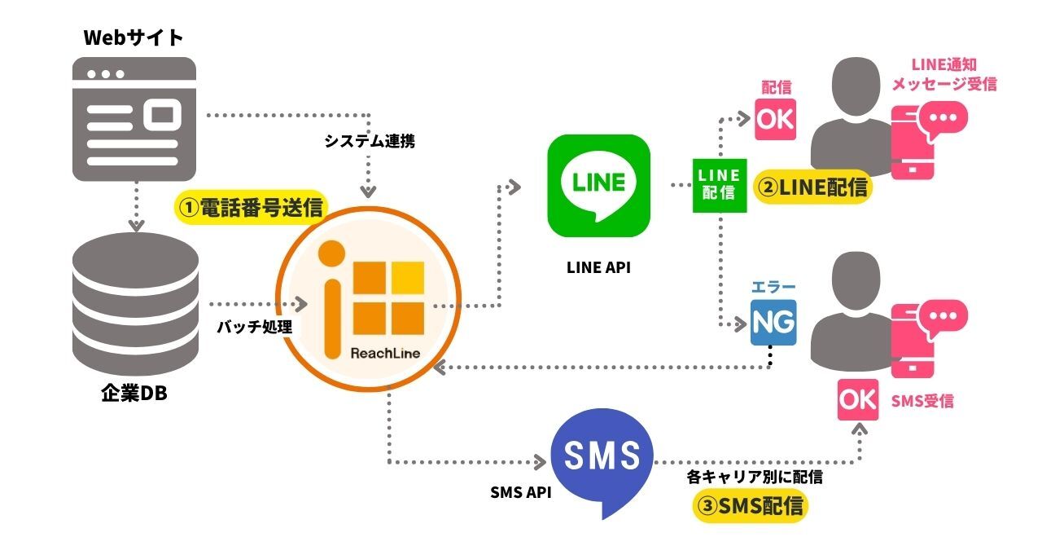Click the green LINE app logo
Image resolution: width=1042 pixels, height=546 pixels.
[x=599, y=185]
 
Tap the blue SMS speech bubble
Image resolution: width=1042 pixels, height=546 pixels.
[x=602, y=460]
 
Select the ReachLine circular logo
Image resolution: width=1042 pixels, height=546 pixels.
[x=368, y=304]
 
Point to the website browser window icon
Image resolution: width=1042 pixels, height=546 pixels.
[x=135, y=118]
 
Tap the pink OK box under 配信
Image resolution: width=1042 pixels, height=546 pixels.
[x=775, y=119]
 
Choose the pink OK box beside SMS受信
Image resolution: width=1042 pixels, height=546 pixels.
[x=858, y=399]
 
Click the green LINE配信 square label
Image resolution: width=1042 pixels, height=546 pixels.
[x=720, y=186]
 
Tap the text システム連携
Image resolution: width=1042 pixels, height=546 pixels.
[x=370, y=141]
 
